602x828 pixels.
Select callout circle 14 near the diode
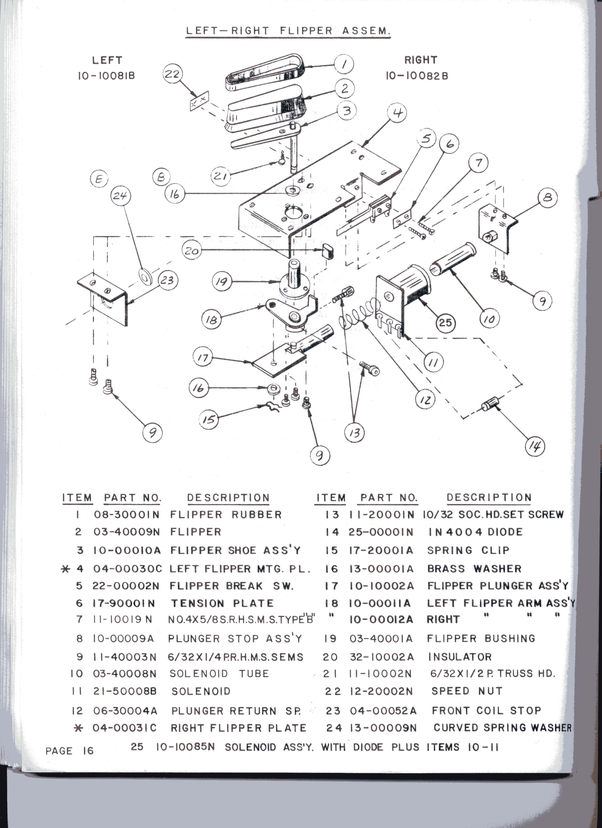[x=535, y=446]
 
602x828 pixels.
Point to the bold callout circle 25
[x=445, y=322]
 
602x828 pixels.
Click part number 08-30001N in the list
[x=126, y=515]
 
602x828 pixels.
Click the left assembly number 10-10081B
[x=106, y=76]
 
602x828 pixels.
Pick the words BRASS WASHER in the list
[x=474, y=569]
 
